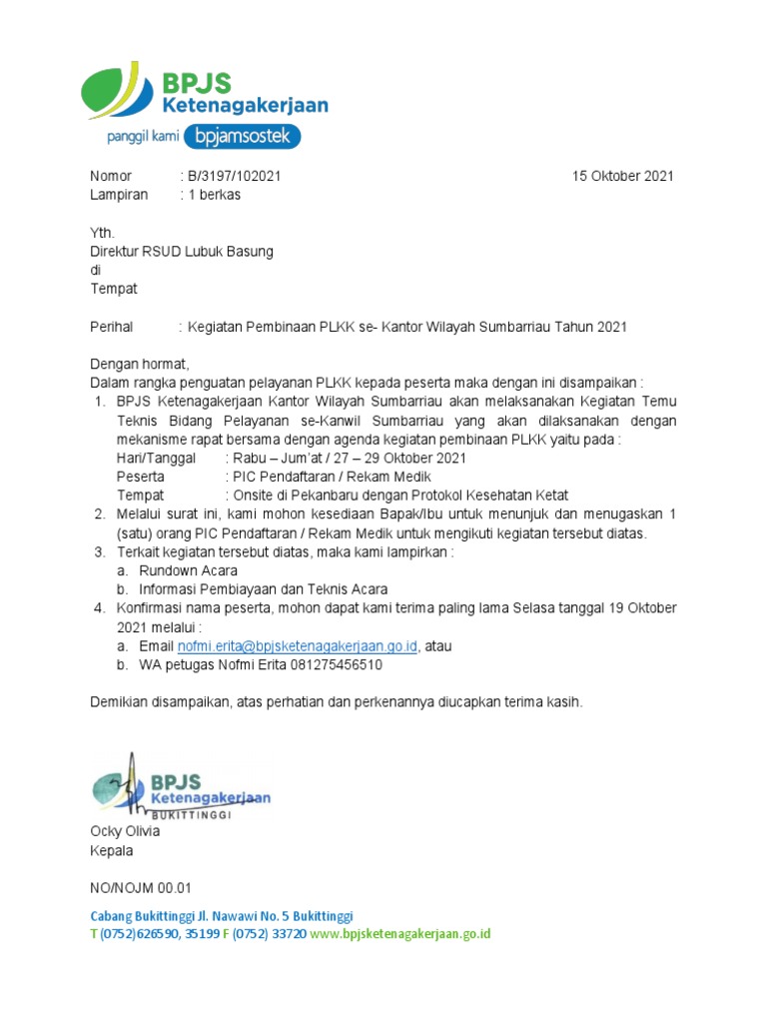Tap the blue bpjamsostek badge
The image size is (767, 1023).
(246, 136)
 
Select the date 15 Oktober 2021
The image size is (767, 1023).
(622, 176)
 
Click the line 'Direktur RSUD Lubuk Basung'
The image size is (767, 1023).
(182, 252)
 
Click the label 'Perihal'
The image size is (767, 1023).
(112, 327)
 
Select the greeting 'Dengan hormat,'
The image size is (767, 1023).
(139, 364)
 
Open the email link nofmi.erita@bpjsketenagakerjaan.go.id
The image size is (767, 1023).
(298, 646)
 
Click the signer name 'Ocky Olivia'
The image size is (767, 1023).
(125, 831)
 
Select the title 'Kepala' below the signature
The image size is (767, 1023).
(112, 850)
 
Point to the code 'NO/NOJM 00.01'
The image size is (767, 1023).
(140, 887)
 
